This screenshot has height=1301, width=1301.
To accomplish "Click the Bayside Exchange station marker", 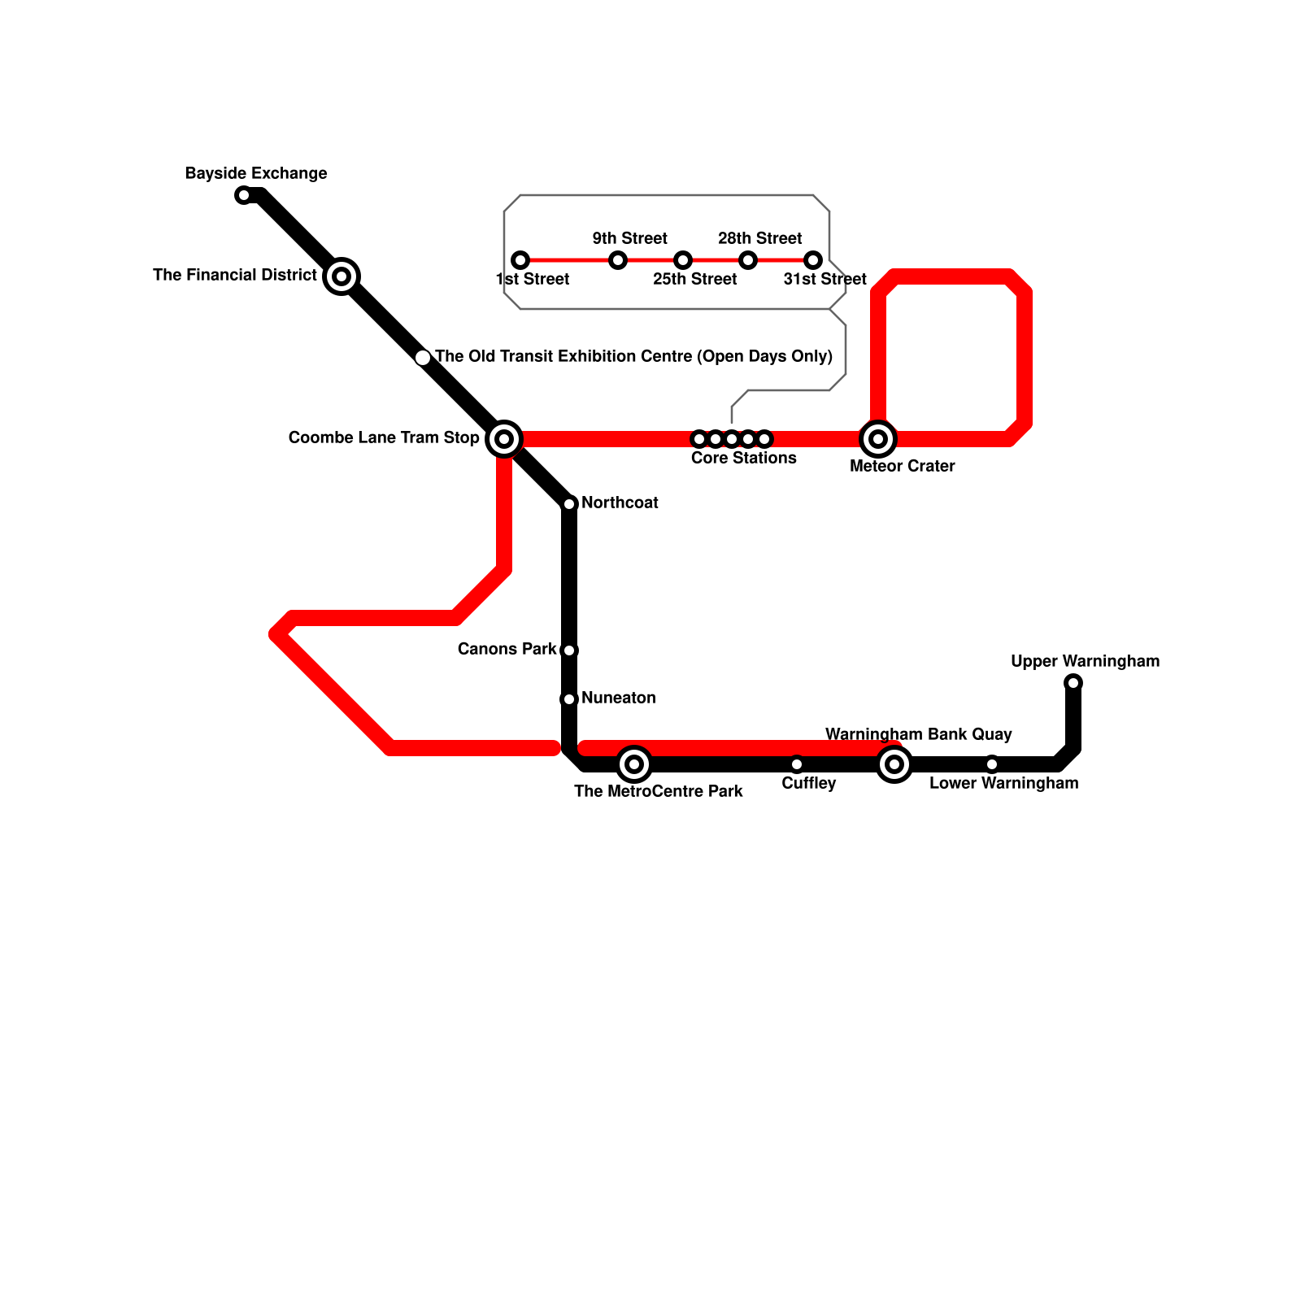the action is tap(243, 195).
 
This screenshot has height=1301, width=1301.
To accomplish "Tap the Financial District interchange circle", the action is tap(342, 276).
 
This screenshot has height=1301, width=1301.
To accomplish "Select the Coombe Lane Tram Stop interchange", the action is tap(504, 439).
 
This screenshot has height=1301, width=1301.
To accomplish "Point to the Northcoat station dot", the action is tap(569, 504).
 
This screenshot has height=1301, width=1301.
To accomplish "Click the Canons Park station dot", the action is tap(569, 650).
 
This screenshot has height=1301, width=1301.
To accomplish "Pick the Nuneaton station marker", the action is tap(569, 699).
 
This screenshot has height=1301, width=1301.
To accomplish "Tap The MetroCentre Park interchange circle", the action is tap(634, 764).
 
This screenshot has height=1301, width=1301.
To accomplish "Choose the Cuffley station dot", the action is tap(797, 764).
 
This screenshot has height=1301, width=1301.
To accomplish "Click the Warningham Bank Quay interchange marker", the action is tap(894, 764).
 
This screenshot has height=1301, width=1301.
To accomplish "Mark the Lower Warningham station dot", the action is tap(992, 764).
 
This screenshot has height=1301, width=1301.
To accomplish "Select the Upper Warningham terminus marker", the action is tap(1073, 683).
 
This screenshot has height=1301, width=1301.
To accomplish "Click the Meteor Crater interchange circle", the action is tap(878, 439).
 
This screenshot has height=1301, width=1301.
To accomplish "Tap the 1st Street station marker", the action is tap(520, 260).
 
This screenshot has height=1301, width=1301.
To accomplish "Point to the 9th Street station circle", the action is tap(618, 260).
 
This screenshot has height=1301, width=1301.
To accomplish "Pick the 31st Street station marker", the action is tap(813, 260).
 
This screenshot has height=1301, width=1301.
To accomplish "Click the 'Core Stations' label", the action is tap(743, 459).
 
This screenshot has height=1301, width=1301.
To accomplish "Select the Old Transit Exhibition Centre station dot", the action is tap(423, 358).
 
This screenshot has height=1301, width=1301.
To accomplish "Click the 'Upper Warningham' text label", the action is tap(1085, 662).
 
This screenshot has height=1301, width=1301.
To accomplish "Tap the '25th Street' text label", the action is tap(694, 280).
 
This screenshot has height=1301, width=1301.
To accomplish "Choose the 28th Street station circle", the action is tap(748, 260).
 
